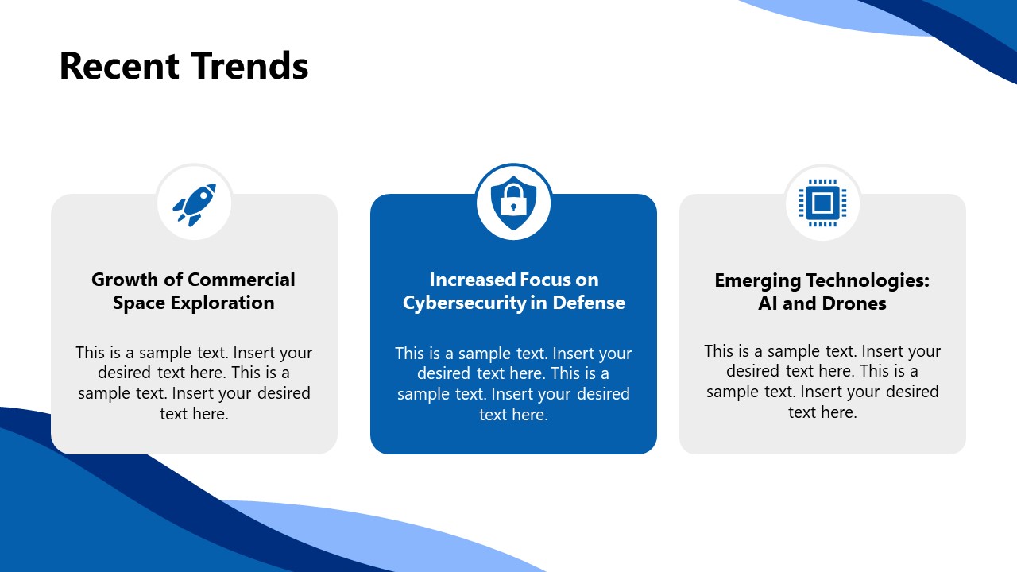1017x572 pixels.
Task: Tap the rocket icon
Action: coord(194,203)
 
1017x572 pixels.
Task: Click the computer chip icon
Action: coord(822,203)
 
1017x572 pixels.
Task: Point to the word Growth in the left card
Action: coord(120,280)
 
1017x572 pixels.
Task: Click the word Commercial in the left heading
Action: coord(242,280)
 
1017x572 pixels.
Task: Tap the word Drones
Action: coord(854,303)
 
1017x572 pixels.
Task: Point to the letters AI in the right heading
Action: coord(768,303)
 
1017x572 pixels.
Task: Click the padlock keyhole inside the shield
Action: coord(513,207)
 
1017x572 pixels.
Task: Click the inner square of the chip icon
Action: coord(822,203)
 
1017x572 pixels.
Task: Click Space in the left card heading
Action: coord(137,303)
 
